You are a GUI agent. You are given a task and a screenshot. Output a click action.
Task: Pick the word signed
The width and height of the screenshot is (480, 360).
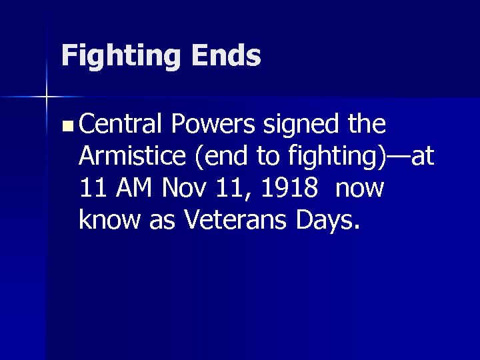coord(301,125)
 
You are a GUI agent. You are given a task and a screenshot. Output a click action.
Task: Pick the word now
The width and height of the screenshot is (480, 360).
coord(360,190)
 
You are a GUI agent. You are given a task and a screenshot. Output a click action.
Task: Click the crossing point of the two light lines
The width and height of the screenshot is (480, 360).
coord(47,97)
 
